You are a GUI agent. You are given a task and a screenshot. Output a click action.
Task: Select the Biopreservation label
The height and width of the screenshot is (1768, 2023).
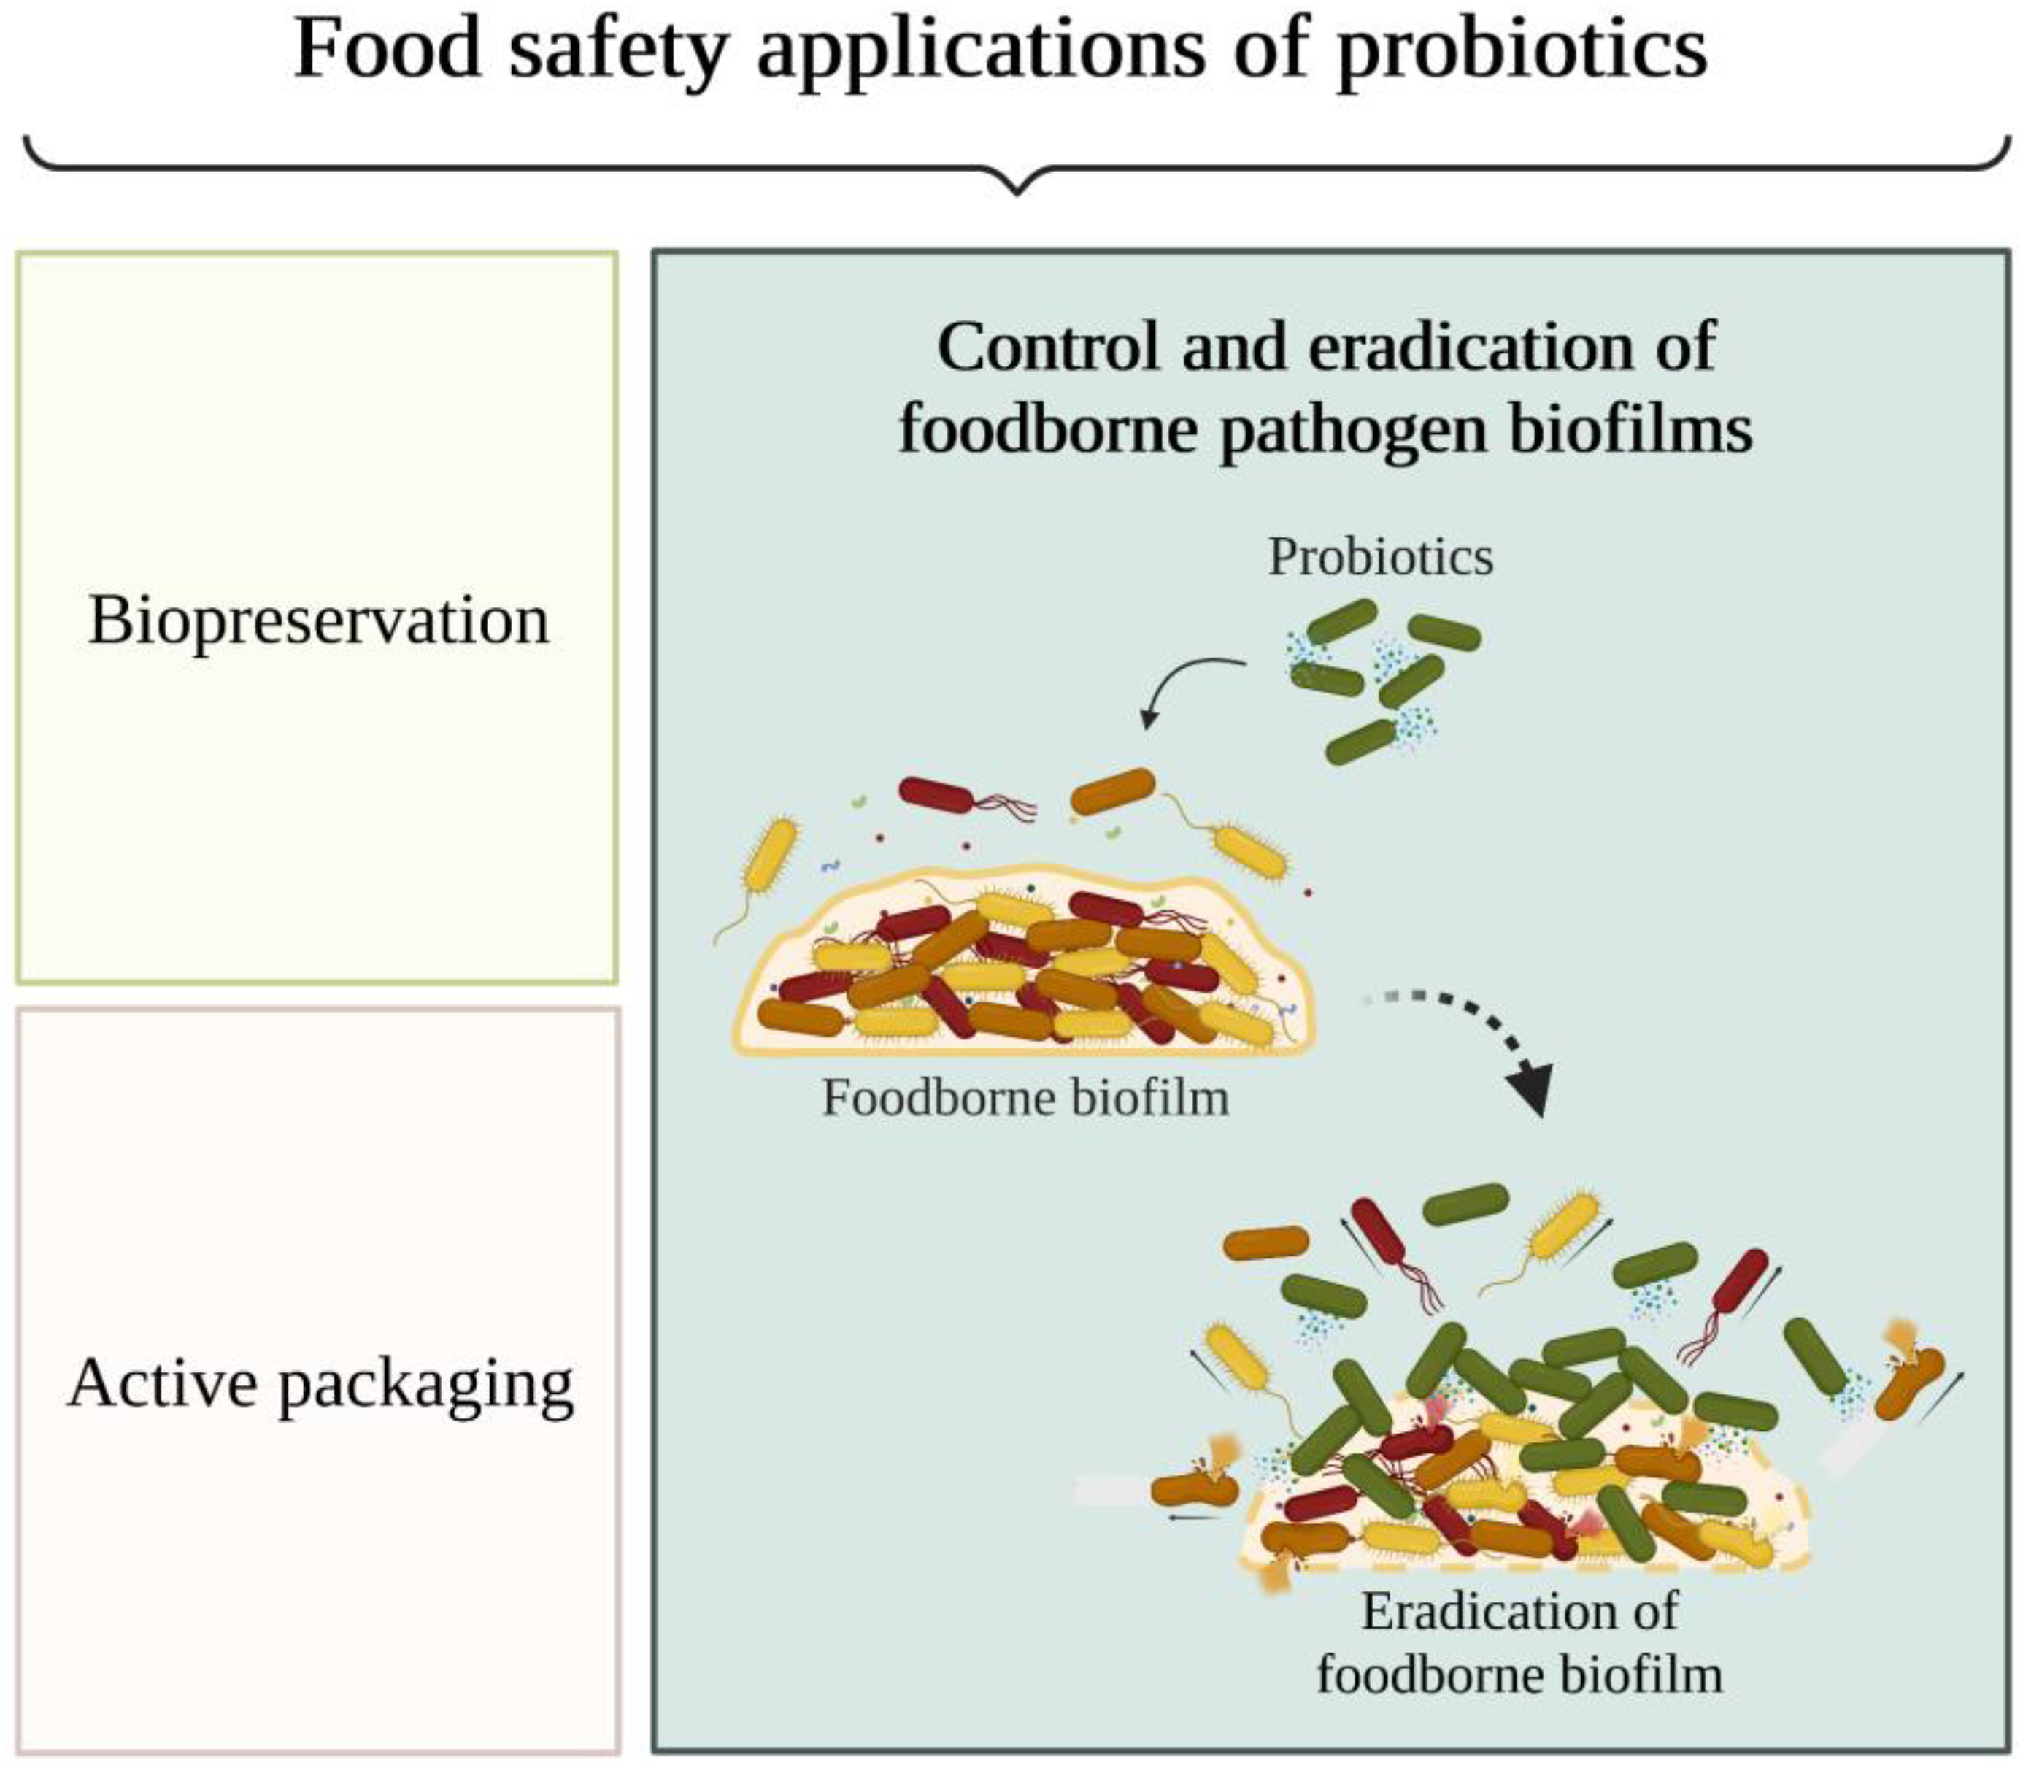[x=319, y=620]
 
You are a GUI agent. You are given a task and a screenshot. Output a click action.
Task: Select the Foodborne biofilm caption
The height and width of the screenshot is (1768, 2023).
[x=1026, y=1097]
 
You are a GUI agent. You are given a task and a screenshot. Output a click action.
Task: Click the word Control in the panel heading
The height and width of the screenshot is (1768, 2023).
[x=1047, y=347]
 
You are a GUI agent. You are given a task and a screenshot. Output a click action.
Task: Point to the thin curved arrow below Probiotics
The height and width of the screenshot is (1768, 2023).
[x=1184, y=685]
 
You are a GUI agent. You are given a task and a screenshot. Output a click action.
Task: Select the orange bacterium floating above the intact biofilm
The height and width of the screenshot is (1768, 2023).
[x=1113, y=791]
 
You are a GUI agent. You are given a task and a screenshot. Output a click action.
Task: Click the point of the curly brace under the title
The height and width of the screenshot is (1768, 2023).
[x=1017, y=188]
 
